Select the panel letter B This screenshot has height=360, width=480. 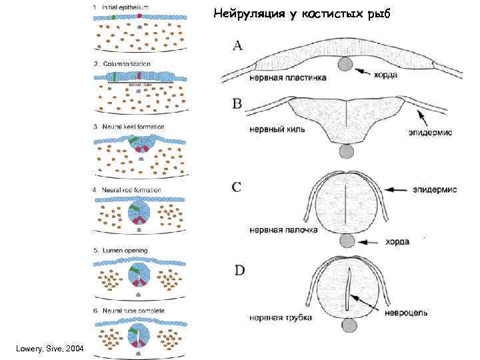point(237,104)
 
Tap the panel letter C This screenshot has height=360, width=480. point(237,187)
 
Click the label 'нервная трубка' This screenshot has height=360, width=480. point(281,317)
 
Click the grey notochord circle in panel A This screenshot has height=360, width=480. point(346,64)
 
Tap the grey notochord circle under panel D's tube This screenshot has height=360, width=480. point(350,325)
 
